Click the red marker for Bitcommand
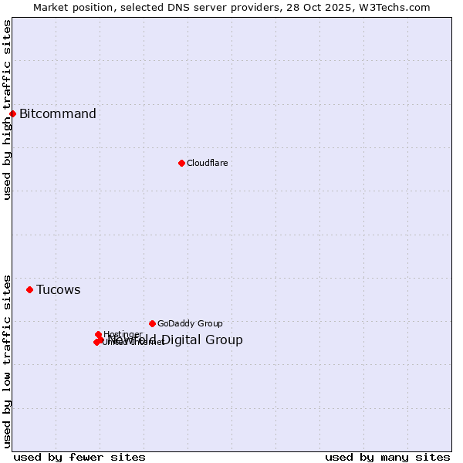[x=12, y=114]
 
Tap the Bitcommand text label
[x=58, y=114]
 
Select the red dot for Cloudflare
[x=181, y=163]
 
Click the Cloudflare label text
[x=207, y=163]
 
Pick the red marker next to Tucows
[x=29, y=290]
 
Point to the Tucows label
[x=59, y=290]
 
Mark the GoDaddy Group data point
[x=152, y=323]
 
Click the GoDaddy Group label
[x=190, y=323]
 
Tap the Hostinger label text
[x=123, y=334]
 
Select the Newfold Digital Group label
[x=176, y=340]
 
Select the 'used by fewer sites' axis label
[x=79, y=457]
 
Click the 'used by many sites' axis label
[x=387, y=457]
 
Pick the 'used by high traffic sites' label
[x=7, y=110]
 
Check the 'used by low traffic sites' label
[x=7, y=360]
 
